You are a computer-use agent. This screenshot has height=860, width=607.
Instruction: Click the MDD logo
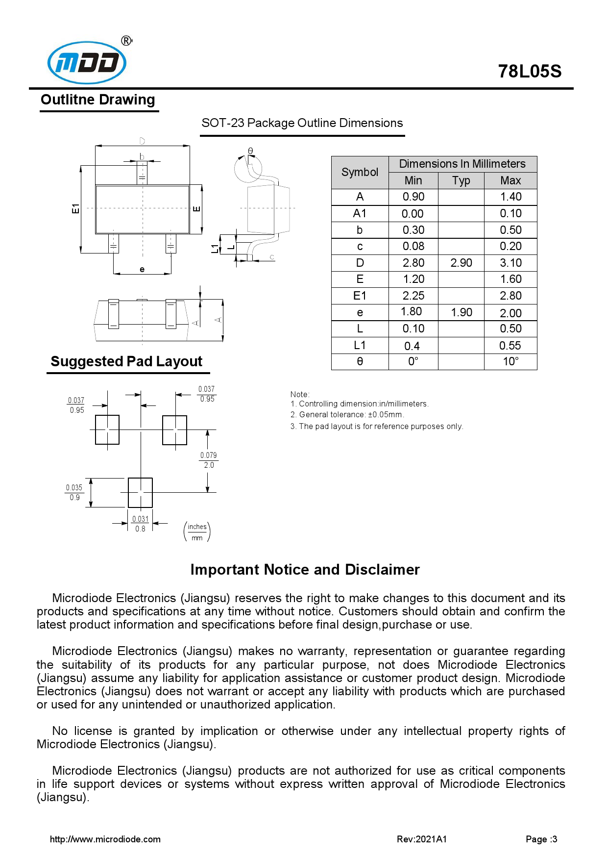(x=87, y=63)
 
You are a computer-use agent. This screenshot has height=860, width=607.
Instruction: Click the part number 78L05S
(x=529, y=72)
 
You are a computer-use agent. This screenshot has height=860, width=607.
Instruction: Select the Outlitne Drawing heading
(x=98, y=100)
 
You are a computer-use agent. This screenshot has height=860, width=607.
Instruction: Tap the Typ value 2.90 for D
(x=461, y=263)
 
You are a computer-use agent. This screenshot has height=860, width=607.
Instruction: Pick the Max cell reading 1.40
(x=510, y=197)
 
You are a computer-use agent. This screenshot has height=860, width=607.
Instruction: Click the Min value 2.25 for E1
(x=413, y=296)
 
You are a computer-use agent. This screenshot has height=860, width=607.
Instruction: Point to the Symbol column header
(x=360, y=172)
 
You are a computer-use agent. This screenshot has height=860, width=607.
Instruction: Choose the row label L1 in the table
(x=360, y=345)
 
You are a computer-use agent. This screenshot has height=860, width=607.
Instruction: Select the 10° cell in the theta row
(x=510, y=362)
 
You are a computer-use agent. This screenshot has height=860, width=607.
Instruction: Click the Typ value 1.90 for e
(x=461, y=312)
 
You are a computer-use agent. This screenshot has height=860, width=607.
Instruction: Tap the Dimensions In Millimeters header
(x=462, y=164)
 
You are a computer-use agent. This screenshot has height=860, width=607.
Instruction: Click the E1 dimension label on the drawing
(x=75, y=208)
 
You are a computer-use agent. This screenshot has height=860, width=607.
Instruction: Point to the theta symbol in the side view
(x=250, y=151)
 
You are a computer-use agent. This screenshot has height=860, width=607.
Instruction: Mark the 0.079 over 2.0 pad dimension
(x=209, y=460)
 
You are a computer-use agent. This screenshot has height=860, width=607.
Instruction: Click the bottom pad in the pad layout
(x=140, y=492)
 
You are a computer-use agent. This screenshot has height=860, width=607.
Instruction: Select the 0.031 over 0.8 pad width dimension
(x=140, y=524)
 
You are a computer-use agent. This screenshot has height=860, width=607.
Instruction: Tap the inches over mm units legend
(x=197, y=532)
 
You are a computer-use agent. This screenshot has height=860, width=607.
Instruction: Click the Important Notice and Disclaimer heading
(x=305, y=570)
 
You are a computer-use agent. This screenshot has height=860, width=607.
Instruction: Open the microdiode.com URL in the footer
(x=105, y=839)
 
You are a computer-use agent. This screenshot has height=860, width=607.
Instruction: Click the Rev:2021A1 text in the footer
(x=421, y=839)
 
